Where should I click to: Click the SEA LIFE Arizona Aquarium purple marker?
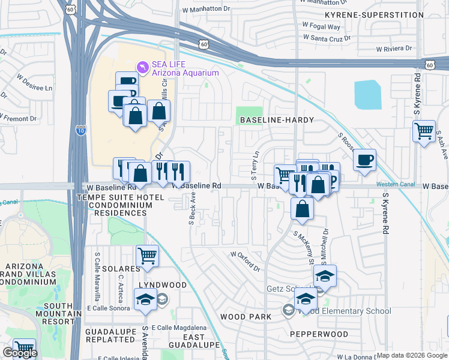[142, 65]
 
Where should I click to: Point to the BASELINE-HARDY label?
[277, 120]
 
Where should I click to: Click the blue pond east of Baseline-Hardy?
[367, 95]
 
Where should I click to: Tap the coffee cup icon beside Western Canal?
[364, 160]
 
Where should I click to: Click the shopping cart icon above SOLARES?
[147, 256]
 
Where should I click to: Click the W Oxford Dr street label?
[247, 259]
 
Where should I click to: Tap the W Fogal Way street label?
[321, 26]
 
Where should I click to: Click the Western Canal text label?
[394, 184]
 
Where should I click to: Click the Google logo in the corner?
[20, 352]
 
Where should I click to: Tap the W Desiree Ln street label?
[34, 83]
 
